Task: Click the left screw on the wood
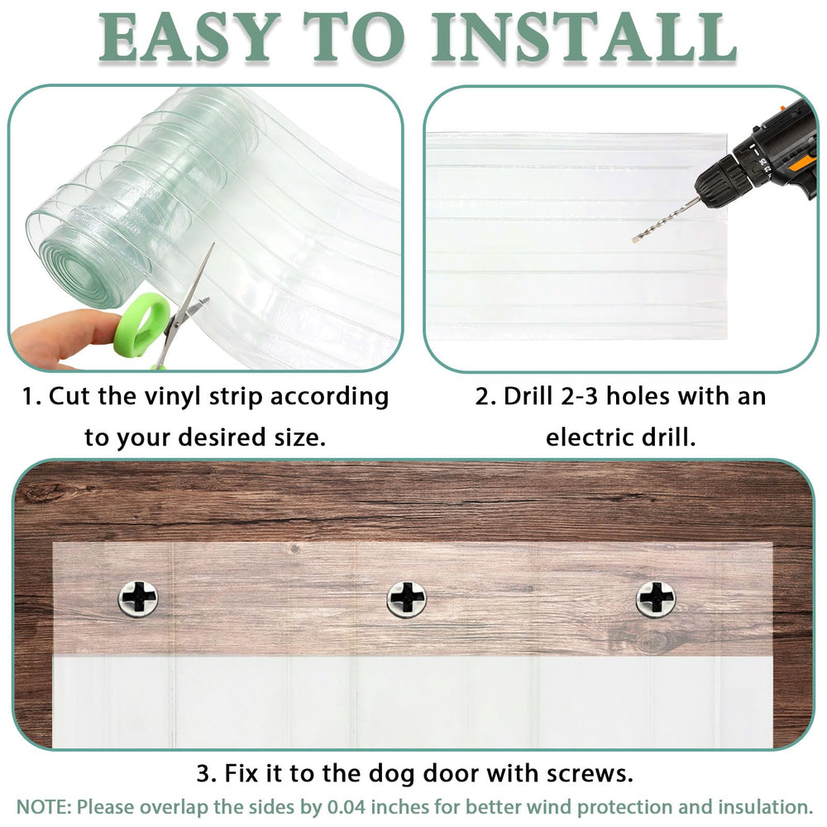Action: (138, 597)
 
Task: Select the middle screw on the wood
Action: (407, 598)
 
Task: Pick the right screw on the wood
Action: (656, 597)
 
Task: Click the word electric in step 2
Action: (590, 437)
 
